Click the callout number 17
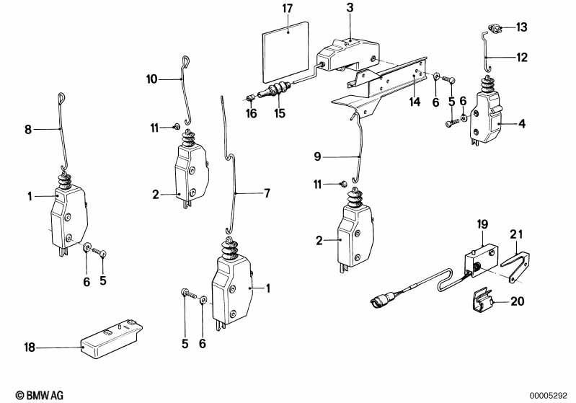click(288, 9)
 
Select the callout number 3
click(350, 8)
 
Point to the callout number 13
click(520, 27)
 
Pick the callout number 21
click(514, 234)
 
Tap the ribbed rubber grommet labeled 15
click(278, 94)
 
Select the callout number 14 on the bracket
click(414, 102)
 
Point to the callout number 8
click(28, 130)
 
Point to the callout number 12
click(520, 55)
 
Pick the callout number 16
click(251, 113)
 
